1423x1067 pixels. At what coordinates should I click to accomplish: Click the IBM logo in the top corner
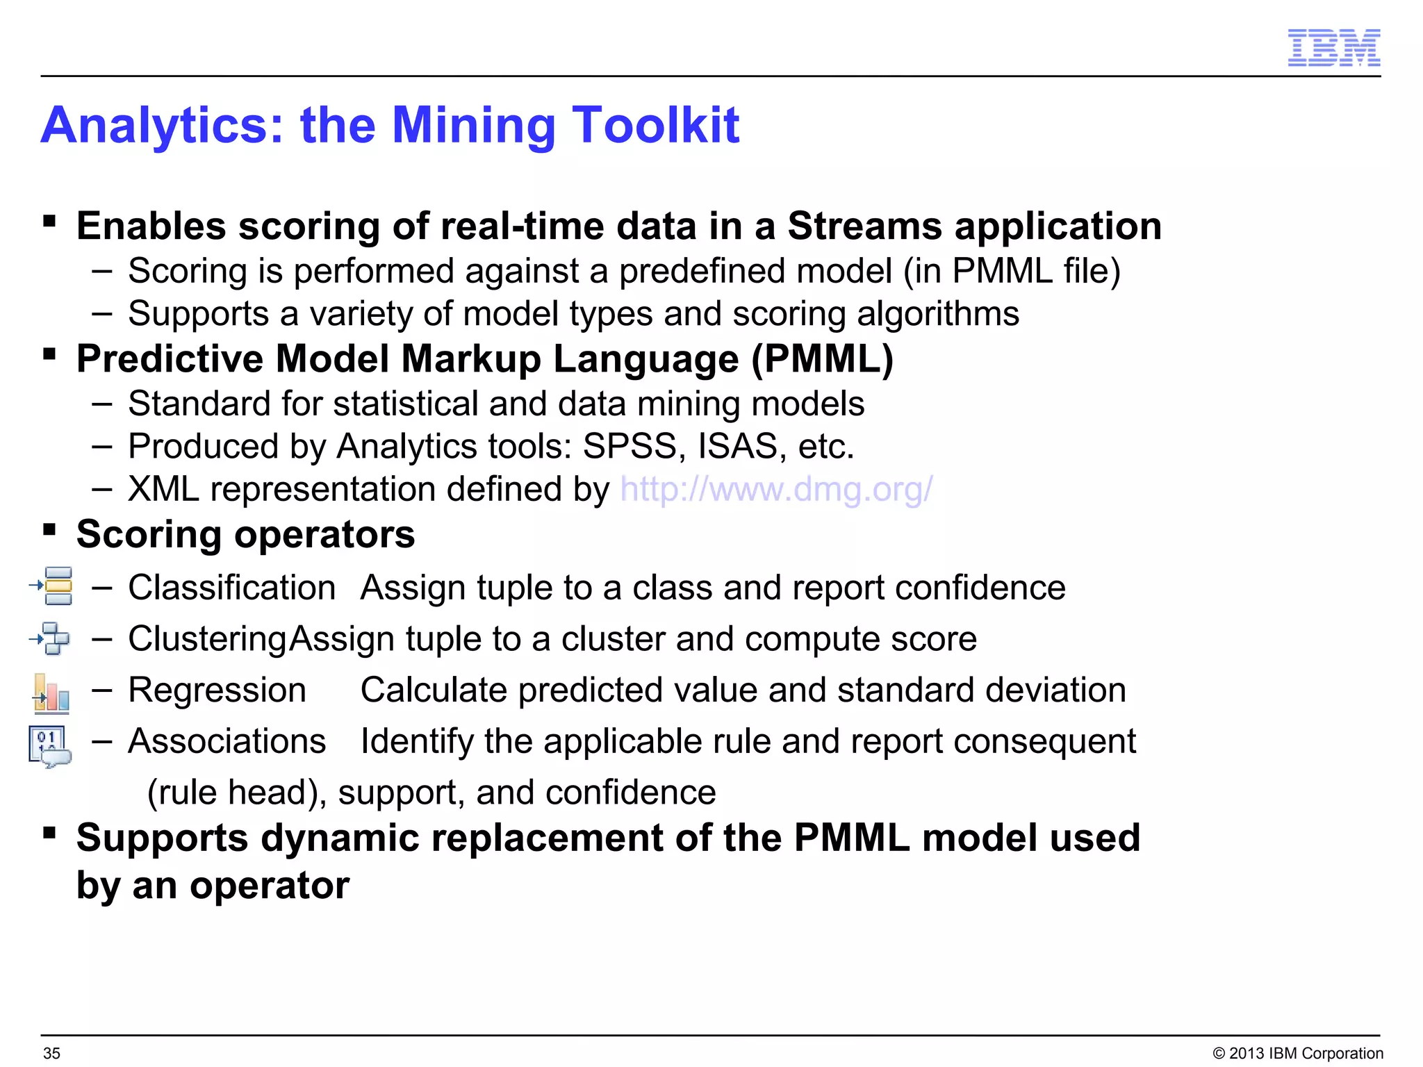[x=1333, y=48]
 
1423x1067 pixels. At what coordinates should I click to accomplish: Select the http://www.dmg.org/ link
[x=775, y=490]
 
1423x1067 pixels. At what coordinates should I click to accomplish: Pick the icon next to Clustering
[x=50, y=638]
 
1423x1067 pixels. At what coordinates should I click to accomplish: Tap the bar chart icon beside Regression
[x=51, y=693]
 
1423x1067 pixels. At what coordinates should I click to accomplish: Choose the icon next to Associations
[x=49, y=746]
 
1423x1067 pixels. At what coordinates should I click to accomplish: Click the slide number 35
[x=51, y=1053]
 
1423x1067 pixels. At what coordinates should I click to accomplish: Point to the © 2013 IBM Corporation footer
[x=1297, y=1053]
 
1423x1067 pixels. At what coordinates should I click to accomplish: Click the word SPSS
[x=629, y=447]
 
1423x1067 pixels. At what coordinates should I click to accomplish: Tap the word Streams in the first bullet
[x=864, y=226]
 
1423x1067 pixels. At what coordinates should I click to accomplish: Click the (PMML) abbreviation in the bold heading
[x=822, y=359]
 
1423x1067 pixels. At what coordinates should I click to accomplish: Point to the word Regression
[x=217, y=690]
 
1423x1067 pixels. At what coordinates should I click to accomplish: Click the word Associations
[x=227, y=741]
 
